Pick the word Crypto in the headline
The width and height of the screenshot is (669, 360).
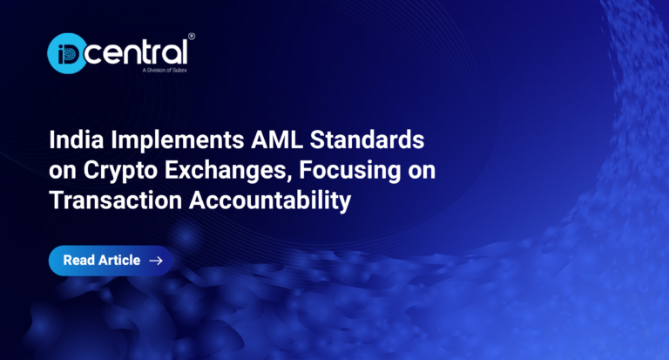[x=120, y=171]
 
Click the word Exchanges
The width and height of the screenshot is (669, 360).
[x=226, y=171]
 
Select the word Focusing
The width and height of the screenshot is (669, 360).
[x=350, y=171]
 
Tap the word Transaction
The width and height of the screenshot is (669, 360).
[x=116, y=200]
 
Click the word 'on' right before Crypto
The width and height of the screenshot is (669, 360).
[x=63, y=172]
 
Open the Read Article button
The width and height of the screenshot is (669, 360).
[x=111, y=261]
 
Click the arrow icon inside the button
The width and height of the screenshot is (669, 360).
[x=156, y=261]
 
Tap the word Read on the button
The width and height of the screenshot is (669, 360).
[x=78, y=260]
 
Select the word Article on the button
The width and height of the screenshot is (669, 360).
[x=119, y=260]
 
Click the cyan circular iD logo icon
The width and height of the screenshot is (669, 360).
[x=66, y=53]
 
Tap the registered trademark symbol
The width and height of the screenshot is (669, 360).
[x=192, y=37]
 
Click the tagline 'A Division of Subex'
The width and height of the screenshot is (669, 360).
[x=165, y=70]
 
